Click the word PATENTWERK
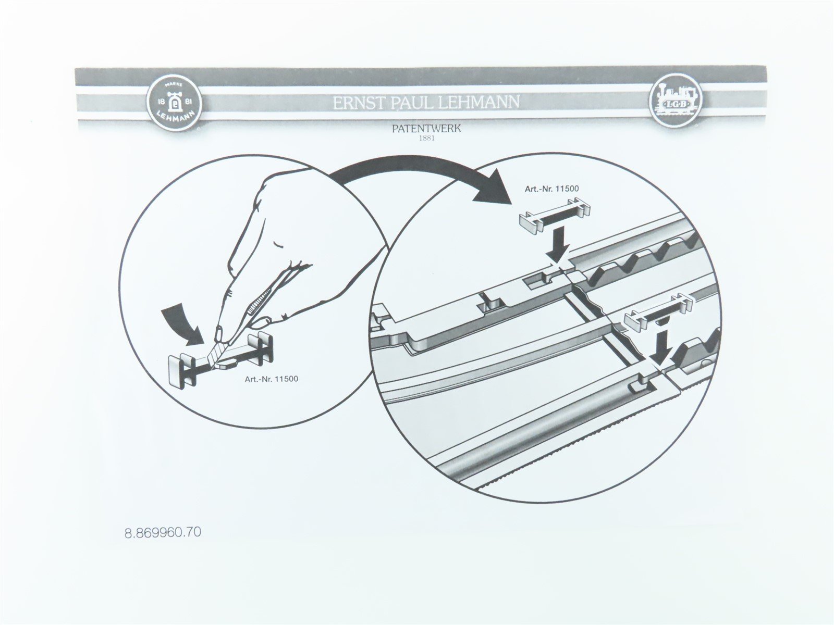pos(426,128)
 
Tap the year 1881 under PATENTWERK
pos(426,139)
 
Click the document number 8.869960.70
pos(163,533)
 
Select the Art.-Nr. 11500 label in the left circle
pos(272,379)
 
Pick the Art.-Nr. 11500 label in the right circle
pos(551,189)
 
